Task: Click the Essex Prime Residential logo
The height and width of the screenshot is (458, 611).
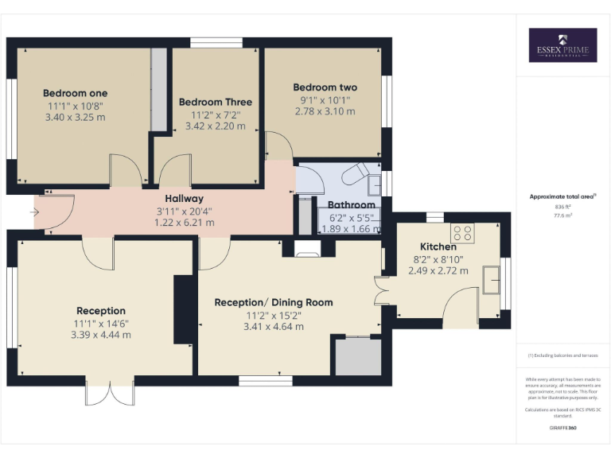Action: [562, 45]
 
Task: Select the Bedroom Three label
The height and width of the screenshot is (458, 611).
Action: [215, 102]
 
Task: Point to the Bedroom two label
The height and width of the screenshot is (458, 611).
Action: [325, 87]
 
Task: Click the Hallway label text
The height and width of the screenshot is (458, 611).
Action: [184, 199]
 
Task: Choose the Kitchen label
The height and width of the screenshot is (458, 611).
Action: [438, 246]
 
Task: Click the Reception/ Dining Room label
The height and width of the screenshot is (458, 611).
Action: [274, 302]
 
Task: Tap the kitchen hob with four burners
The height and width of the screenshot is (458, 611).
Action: [463, 233]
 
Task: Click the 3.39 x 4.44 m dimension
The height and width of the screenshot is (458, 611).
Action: [101, 335]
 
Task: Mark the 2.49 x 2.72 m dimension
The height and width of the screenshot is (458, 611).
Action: [438, 270]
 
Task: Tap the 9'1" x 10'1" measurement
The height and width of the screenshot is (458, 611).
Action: [325, 99]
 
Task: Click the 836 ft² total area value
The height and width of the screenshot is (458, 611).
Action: [562, 206]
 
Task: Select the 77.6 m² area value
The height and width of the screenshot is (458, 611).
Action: [562, 214]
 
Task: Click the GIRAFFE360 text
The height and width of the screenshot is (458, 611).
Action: [562, 428]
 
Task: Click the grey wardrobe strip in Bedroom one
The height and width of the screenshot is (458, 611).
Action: [159, 89]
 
